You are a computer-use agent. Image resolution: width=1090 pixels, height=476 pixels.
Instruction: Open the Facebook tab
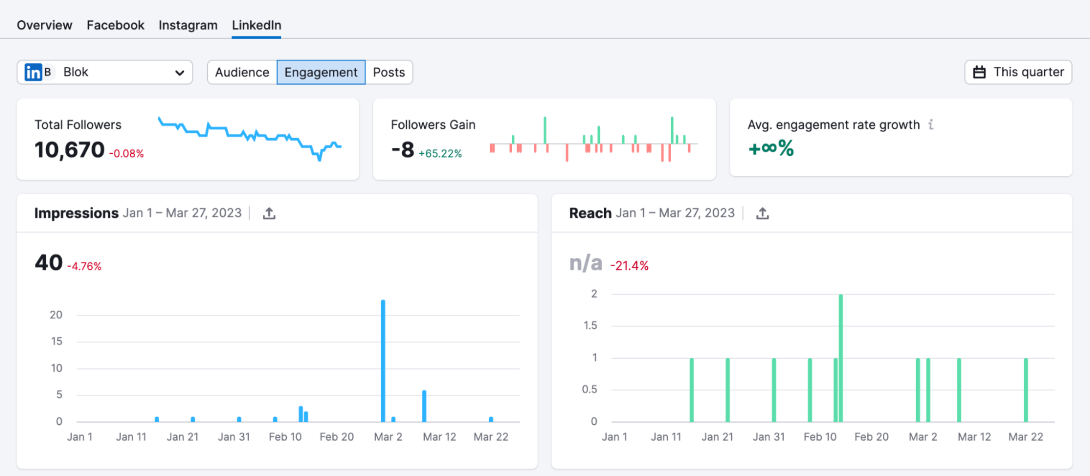coord(115,25)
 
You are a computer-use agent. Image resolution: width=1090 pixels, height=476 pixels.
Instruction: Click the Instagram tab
coord(188,25)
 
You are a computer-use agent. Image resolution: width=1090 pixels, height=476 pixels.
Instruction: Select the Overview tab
coord(44,25)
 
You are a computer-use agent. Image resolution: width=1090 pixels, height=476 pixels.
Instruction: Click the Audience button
coord(242,72)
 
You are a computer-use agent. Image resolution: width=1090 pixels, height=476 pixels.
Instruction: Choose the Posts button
coord(389,72)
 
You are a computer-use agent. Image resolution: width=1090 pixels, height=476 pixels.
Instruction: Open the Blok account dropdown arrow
coord(179,73)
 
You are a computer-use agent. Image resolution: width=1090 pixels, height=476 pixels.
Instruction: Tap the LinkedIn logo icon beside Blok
coord(33,72)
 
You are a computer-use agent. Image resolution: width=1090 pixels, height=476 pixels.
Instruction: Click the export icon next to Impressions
coord(269,213)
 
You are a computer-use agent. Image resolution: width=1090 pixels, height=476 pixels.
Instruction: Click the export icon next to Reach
coord(762,213)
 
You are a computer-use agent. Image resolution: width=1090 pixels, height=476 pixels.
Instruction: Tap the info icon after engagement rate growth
coord(931,125)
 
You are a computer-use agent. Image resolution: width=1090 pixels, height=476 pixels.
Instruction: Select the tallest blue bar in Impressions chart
coord(383,360)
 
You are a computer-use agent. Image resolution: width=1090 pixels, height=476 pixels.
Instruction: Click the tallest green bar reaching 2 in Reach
coord(840,357)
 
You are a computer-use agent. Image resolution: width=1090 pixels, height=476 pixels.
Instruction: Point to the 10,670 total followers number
coord(69,150)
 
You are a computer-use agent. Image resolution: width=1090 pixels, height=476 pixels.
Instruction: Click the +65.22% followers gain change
coord(440,154)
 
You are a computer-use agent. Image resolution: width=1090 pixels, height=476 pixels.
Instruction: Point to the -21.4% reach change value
coord(629,266)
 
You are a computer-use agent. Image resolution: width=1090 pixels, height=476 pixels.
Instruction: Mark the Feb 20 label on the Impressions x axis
coord(336,437)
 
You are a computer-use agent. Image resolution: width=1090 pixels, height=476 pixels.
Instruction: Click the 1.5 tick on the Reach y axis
coord(590,326)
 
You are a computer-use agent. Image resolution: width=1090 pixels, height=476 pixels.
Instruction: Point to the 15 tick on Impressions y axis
coord(57,341)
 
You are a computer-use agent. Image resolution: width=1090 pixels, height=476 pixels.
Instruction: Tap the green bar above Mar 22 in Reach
coord(1025,390)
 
